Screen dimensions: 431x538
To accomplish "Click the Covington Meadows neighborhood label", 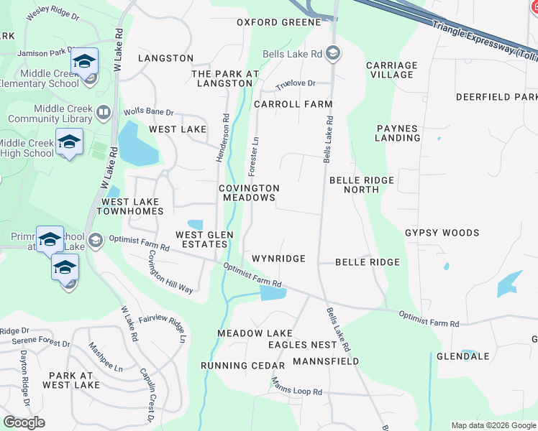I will point(249,193).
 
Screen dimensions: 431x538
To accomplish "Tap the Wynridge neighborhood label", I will point(278,259).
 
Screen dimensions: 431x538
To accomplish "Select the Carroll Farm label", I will point(293,104).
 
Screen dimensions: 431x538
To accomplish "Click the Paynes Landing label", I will point(397,133).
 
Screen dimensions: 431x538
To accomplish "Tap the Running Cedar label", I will point(243,366).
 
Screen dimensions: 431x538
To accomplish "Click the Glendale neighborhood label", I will point(462,356).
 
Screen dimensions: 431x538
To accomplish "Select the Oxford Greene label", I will point(279,22).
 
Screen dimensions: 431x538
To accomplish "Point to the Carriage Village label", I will point(391,70).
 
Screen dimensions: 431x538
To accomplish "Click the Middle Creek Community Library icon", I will point(104,112).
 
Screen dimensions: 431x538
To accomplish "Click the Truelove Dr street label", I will point(296,84).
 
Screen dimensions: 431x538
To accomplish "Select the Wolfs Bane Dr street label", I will point(149,112).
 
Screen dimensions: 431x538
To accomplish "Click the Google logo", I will point(24,422).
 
